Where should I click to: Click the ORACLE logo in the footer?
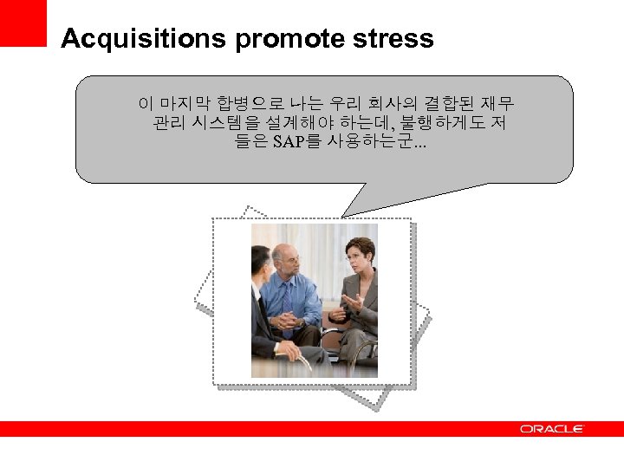coord(552,429)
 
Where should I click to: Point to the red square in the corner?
coord(23,23)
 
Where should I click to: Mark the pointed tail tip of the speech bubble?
coord(344,215)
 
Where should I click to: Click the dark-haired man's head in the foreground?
coord(260,261)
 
